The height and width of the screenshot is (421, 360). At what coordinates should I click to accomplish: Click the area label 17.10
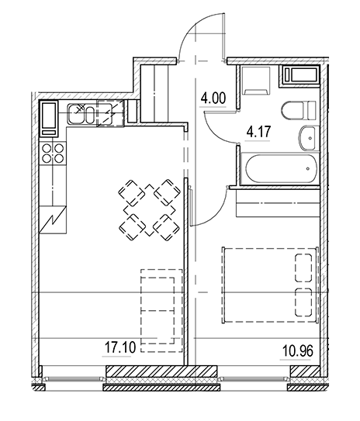(x=119, y=348)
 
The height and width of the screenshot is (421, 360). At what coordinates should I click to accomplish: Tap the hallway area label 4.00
(x=213, y=98)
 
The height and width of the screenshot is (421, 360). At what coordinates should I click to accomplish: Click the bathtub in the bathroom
(x=279, y=167)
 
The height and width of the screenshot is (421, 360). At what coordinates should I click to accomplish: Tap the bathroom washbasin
(x=306, y=140)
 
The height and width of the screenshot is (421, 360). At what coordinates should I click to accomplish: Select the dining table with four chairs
(x=148, y=208)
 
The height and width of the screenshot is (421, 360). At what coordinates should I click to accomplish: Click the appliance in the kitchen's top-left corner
(x=48, y=116)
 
